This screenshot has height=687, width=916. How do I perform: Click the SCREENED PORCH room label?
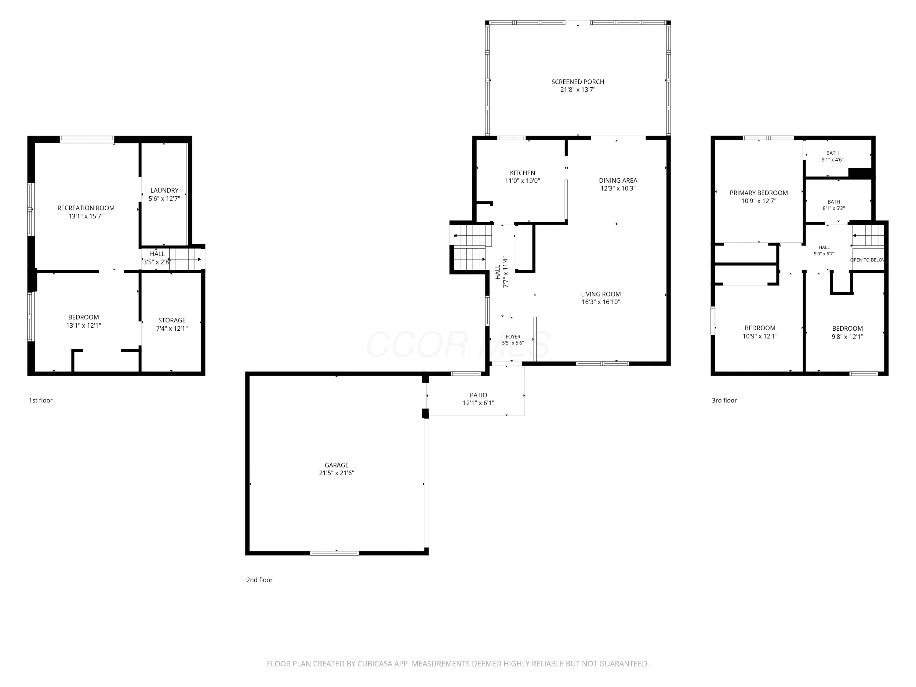578,82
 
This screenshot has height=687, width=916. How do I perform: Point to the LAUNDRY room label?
164,191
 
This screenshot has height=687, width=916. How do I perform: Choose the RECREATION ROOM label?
86,208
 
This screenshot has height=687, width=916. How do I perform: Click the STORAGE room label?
172,320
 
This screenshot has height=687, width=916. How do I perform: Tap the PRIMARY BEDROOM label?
759,193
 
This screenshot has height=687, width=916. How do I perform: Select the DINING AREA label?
618,180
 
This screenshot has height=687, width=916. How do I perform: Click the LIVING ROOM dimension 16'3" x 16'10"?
601,302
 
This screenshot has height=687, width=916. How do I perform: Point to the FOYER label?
513,337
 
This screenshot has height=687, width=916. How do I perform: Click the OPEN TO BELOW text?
867,260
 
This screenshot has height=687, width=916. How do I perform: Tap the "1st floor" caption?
41,400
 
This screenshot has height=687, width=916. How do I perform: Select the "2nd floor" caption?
259,580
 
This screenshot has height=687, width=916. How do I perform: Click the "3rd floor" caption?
724,400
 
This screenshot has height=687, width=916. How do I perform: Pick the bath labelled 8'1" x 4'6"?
832,156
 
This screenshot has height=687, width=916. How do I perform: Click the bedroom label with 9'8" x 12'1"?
847,333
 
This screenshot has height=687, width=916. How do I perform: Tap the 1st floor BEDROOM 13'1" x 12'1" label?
83,321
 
